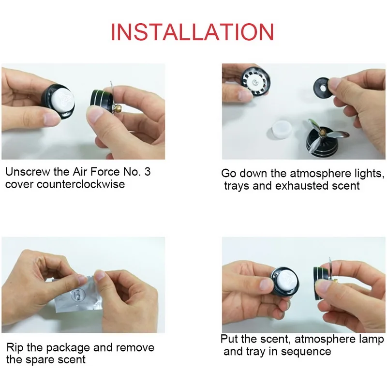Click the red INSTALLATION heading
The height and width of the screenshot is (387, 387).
click(193, 32)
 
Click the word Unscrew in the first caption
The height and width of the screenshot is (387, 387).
click(28, 172)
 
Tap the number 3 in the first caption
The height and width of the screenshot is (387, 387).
click(148, 172)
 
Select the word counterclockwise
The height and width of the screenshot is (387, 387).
click(81, 184)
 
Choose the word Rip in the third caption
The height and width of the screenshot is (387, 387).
click(15, 348)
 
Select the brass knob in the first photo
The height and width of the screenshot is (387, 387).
click(118, 108)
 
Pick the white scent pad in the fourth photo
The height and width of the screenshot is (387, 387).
click(287, 283)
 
